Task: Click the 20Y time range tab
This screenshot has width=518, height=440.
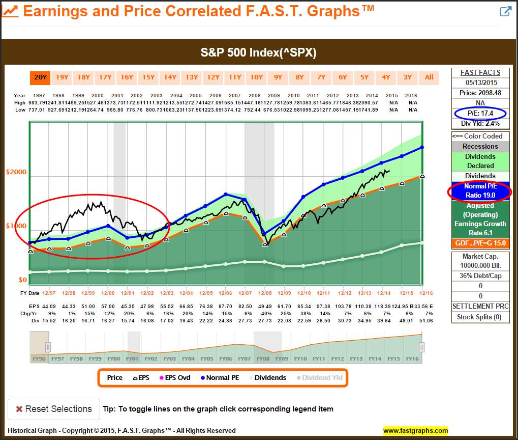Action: click(x=40, y=77)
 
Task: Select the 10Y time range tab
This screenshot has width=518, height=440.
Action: click(x=256, y=77)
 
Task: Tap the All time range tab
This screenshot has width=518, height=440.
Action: click(x=429, y=77)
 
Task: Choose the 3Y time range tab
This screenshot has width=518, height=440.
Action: click(x=408, y=77)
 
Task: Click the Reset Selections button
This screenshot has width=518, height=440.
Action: click(x=54, y=409)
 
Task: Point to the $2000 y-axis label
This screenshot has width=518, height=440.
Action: click(x=16, y=172)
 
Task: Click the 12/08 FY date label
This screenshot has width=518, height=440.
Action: click(x=265, y=293)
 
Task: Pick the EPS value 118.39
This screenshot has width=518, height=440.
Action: click(x=383, y=306)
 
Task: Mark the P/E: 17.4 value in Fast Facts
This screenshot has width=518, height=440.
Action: click(x=480, y=113)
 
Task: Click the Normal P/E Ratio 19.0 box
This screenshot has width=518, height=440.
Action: click(x=480, y=190)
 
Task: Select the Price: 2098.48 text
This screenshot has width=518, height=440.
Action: click(x=480, y=93)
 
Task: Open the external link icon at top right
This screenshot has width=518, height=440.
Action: click(x=505, y=12)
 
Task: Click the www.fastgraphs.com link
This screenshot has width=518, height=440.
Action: click(x=415, y=431)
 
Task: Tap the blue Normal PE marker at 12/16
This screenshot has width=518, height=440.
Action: click(x=422, y=148)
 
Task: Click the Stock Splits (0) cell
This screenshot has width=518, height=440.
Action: click(x=480, y=317)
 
